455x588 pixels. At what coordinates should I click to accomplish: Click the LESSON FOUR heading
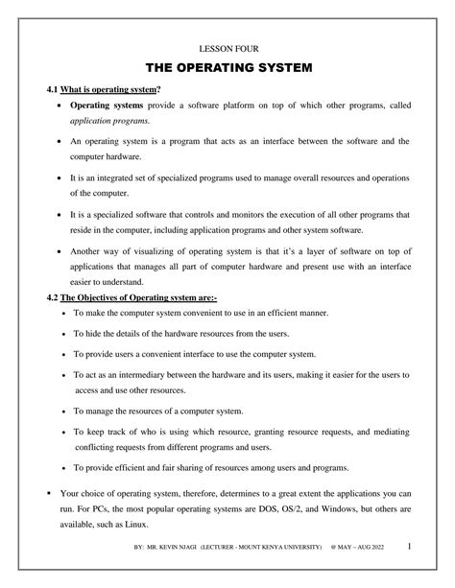pyautogui.click(x=227, y=47)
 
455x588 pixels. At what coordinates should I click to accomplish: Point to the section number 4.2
pyautogui.click(x=53, y=298)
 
